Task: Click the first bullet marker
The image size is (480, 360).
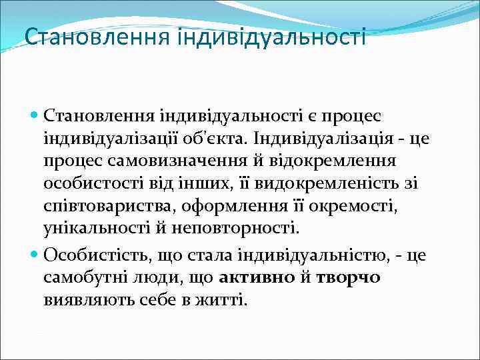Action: [x=35, y=116]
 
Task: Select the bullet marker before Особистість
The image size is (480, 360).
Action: [x=35, y=255]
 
